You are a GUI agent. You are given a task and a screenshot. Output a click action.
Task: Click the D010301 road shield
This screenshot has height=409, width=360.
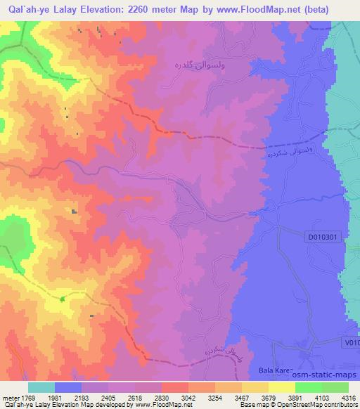[325, 238]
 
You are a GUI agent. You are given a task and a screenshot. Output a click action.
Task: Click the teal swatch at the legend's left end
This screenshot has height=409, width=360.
[41, 387]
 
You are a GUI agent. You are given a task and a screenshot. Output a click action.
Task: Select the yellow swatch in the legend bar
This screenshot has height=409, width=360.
[281, 387]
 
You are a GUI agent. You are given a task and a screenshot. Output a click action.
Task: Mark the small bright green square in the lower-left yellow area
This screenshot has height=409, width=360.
[63, 299]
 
